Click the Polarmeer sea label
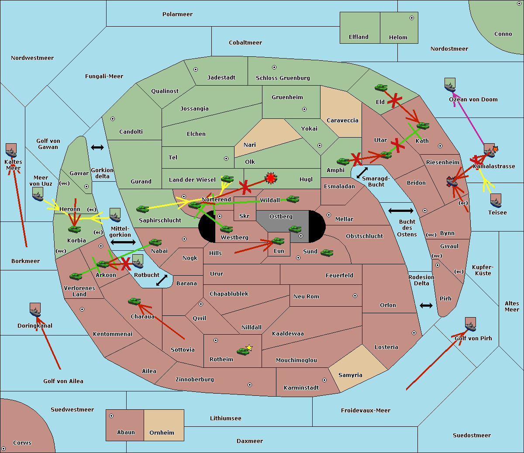click(x=177, y=14)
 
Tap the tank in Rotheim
click(x=243, y=351)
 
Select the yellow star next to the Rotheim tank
click(x=249, y=347)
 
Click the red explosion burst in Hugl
click(x=271, y=178)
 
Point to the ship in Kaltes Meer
click(x=11, y=150)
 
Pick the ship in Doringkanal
click(x=35, y=310)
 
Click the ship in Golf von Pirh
click(x=471, y=324)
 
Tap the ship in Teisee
click(x=496, y=201)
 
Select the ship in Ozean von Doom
click(x=450, y=85)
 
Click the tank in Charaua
click(x=134, y=301)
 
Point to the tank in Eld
click(x=381, y=88)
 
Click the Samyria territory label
click(x=350, y=375)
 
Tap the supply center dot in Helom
click(x=412, y=18)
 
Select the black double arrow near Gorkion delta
click(x=97, y=147)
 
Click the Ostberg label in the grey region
click(x=281, y=216)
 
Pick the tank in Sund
click(x=327, y=252)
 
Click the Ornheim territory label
click(x=162, y=432)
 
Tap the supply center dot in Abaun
click(x=111, y=416)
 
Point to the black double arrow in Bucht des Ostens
click(x=401, y=211)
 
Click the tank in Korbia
click(x=75, y=229)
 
